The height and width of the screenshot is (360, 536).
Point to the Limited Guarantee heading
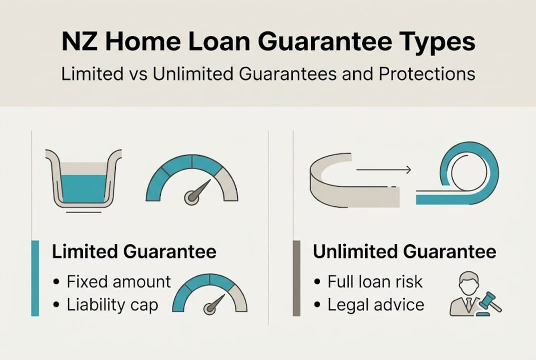pos(134,251)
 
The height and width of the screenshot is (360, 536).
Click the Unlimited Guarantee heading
pos(405,251)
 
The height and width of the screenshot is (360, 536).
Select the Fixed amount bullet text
pos(119,281)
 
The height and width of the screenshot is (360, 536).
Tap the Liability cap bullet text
pos(112,305)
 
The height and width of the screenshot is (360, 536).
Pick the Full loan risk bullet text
pos(375,281)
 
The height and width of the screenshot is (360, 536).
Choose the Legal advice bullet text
pos(376,305)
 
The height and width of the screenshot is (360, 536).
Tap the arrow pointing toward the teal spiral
pos(384,170)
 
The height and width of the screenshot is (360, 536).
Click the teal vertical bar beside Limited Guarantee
pos(35,278)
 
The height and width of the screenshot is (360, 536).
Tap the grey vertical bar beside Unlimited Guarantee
pos(296,278)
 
